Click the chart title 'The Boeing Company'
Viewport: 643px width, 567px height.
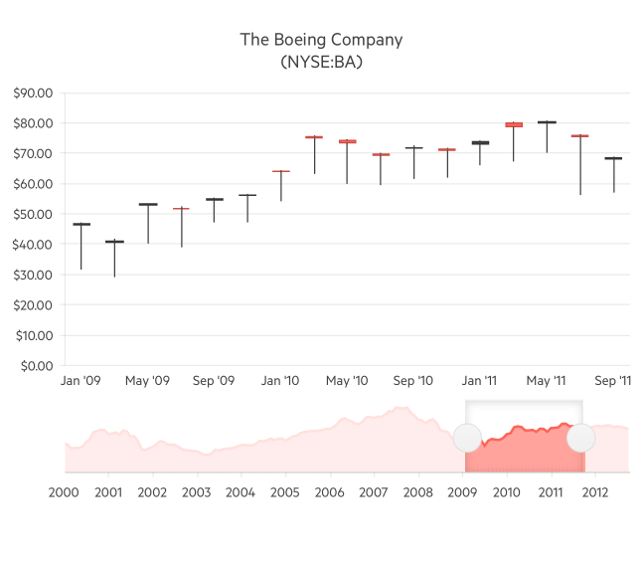click(x=321, y=40)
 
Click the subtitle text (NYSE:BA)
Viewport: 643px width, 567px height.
click(x=321, y=62)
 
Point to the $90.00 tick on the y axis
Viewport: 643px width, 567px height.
click(x=36, y=94)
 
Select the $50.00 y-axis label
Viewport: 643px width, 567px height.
click(x=36, y=215)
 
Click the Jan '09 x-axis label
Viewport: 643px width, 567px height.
click(x=80, y=381)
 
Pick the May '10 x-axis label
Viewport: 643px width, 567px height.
click(x=347, y=381)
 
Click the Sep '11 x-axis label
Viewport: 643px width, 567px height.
click(x=612, y=381)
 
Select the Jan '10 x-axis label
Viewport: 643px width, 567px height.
click(x=280, y=381)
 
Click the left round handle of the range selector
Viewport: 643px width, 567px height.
click(x=467, y=438)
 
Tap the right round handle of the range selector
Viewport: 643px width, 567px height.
click(x=580, y=438)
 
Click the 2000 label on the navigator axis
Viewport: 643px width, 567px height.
click(x=65, y=491)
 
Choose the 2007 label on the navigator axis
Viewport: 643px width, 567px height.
click(x=374, y=491)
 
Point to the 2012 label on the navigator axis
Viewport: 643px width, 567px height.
click(x=595, y=491)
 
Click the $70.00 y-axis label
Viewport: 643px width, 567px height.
click(x=36, y=154)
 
